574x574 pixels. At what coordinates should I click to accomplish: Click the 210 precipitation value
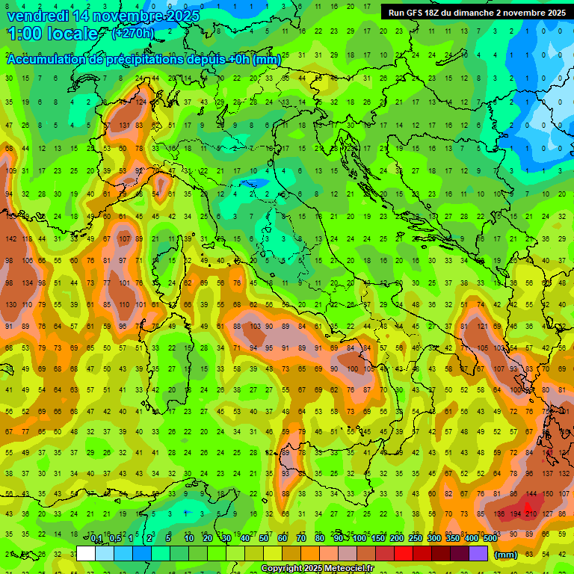(531, 514)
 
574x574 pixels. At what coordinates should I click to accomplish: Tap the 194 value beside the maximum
(515, 514)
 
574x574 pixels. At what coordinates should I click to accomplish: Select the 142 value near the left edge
(10, 239)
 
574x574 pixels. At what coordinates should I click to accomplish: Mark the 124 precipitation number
(141, 102)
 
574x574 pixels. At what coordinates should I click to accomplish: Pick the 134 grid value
(27, 283)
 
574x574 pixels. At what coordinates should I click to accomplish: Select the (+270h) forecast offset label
(133, 33)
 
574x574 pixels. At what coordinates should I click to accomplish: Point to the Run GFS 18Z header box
(477, 13)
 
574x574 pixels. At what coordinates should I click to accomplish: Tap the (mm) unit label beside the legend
(506, 555)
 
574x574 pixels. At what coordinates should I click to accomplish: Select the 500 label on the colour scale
(490, 539)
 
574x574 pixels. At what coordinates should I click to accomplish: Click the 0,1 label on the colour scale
(96, 539)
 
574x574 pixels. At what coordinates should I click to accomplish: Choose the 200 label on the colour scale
(396, 539)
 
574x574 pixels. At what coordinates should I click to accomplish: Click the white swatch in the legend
(86, 553)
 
